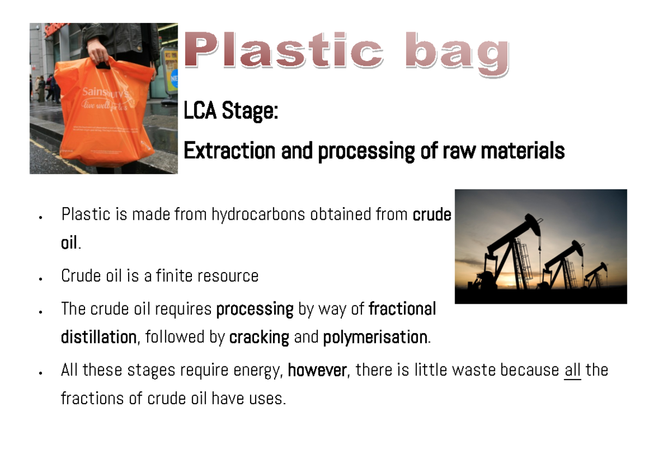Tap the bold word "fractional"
click(x=402, y=309)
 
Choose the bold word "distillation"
click(x=98, y=338)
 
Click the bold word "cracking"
click(x=259, y=338)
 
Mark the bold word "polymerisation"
click(x=375, y=338)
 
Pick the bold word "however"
click(x=317, y=370)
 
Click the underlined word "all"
click(x=572, y=370)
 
